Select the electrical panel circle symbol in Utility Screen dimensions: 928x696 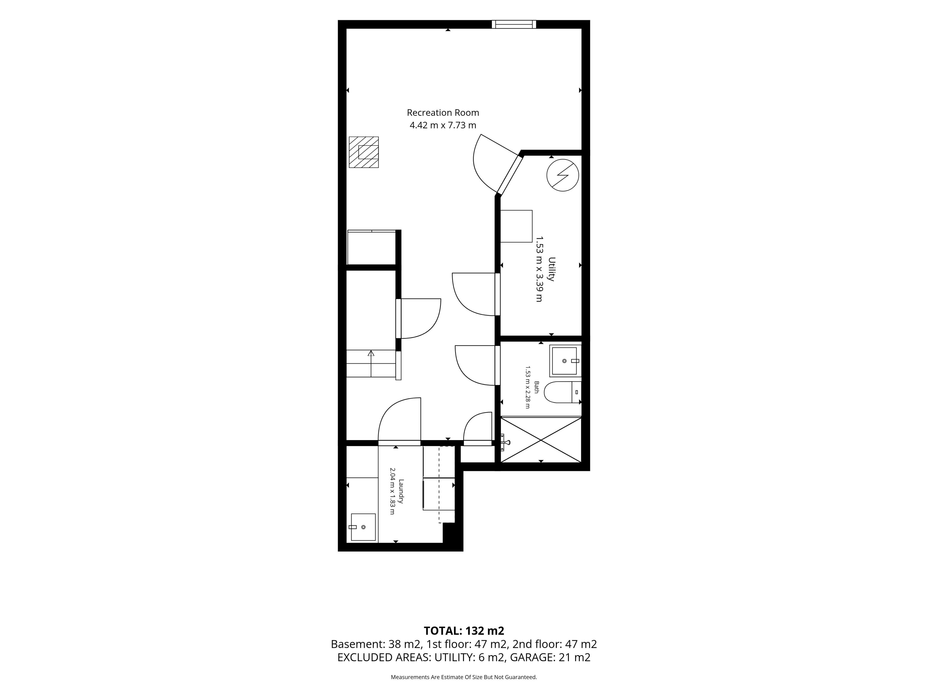563,175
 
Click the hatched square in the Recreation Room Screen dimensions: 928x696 364,152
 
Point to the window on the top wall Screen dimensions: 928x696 514,24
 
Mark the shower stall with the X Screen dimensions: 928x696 541,440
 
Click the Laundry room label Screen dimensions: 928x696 401,491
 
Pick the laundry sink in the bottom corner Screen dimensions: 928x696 363,527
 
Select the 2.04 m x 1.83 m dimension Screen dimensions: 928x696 392,491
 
